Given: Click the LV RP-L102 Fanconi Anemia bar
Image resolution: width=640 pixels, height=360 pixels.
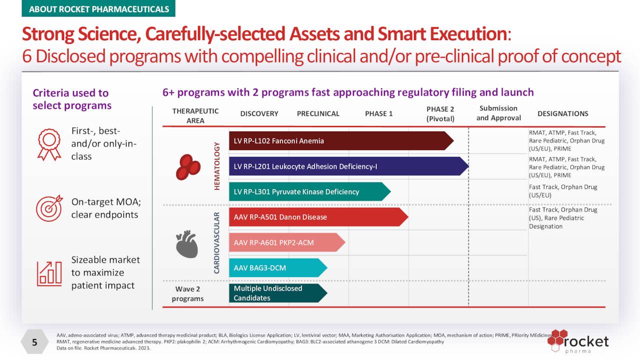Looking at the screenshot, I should pos(340,140).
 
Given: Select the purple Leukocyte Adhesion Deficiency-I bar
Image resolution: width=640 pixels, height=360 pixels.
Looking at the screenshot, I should pos(347,166).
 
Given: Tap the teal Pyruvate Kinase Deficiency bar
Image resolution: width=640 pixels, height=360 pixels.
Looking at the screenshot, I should pos(309,191).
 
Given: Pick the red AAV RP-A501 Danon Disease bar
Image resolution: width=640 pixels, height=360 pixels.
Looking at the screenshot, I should pos(317,217).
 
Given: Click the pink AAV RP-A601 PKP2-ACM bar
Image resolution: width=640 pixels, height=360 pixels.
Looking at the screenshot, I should pos(286,242).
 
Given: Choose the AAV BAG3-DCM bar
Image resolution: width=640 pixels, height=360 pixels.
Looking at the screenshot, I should pos(277,268).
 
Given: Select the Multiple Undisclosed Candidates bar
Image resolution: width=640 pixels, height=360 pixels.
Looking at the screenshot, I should pos(277,293).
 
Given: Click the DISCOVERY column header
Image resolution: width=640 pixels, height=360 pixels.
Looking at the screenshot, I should pos(259,113).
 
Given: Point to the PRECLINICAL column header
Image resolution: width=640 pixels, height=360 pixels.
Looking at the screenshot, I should pos(318,113).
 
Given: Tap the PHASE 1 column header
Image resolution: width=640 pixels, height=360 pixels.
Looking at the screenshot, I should pos(378,113).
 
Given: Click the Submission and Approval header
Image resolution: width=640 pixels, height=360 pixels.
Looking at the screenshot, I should pos(498,113).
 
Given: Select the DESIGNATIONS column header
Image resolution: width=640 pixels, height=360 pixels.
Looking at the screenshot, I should pos(562,113).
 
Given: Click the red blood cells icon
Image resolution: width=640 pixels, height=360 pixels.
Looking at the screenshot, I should pos(188,166).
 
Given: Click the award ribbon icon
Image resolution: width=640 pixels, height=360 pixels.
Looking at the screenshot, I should pos(49,144).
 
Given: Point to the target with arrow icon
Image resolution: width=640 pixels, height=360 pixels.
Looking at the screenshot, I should pos(49,208).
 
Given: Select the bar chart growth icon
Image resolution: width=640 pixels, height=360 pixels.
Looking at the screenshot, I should pos(49,273).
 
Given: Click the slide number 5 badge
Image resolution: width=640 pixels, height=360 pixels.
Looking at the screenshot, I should pos(34,342).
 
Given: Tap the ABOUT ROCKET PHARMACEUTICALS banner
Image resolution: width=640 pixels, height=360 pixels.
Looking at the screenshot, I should pos(98,9).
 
